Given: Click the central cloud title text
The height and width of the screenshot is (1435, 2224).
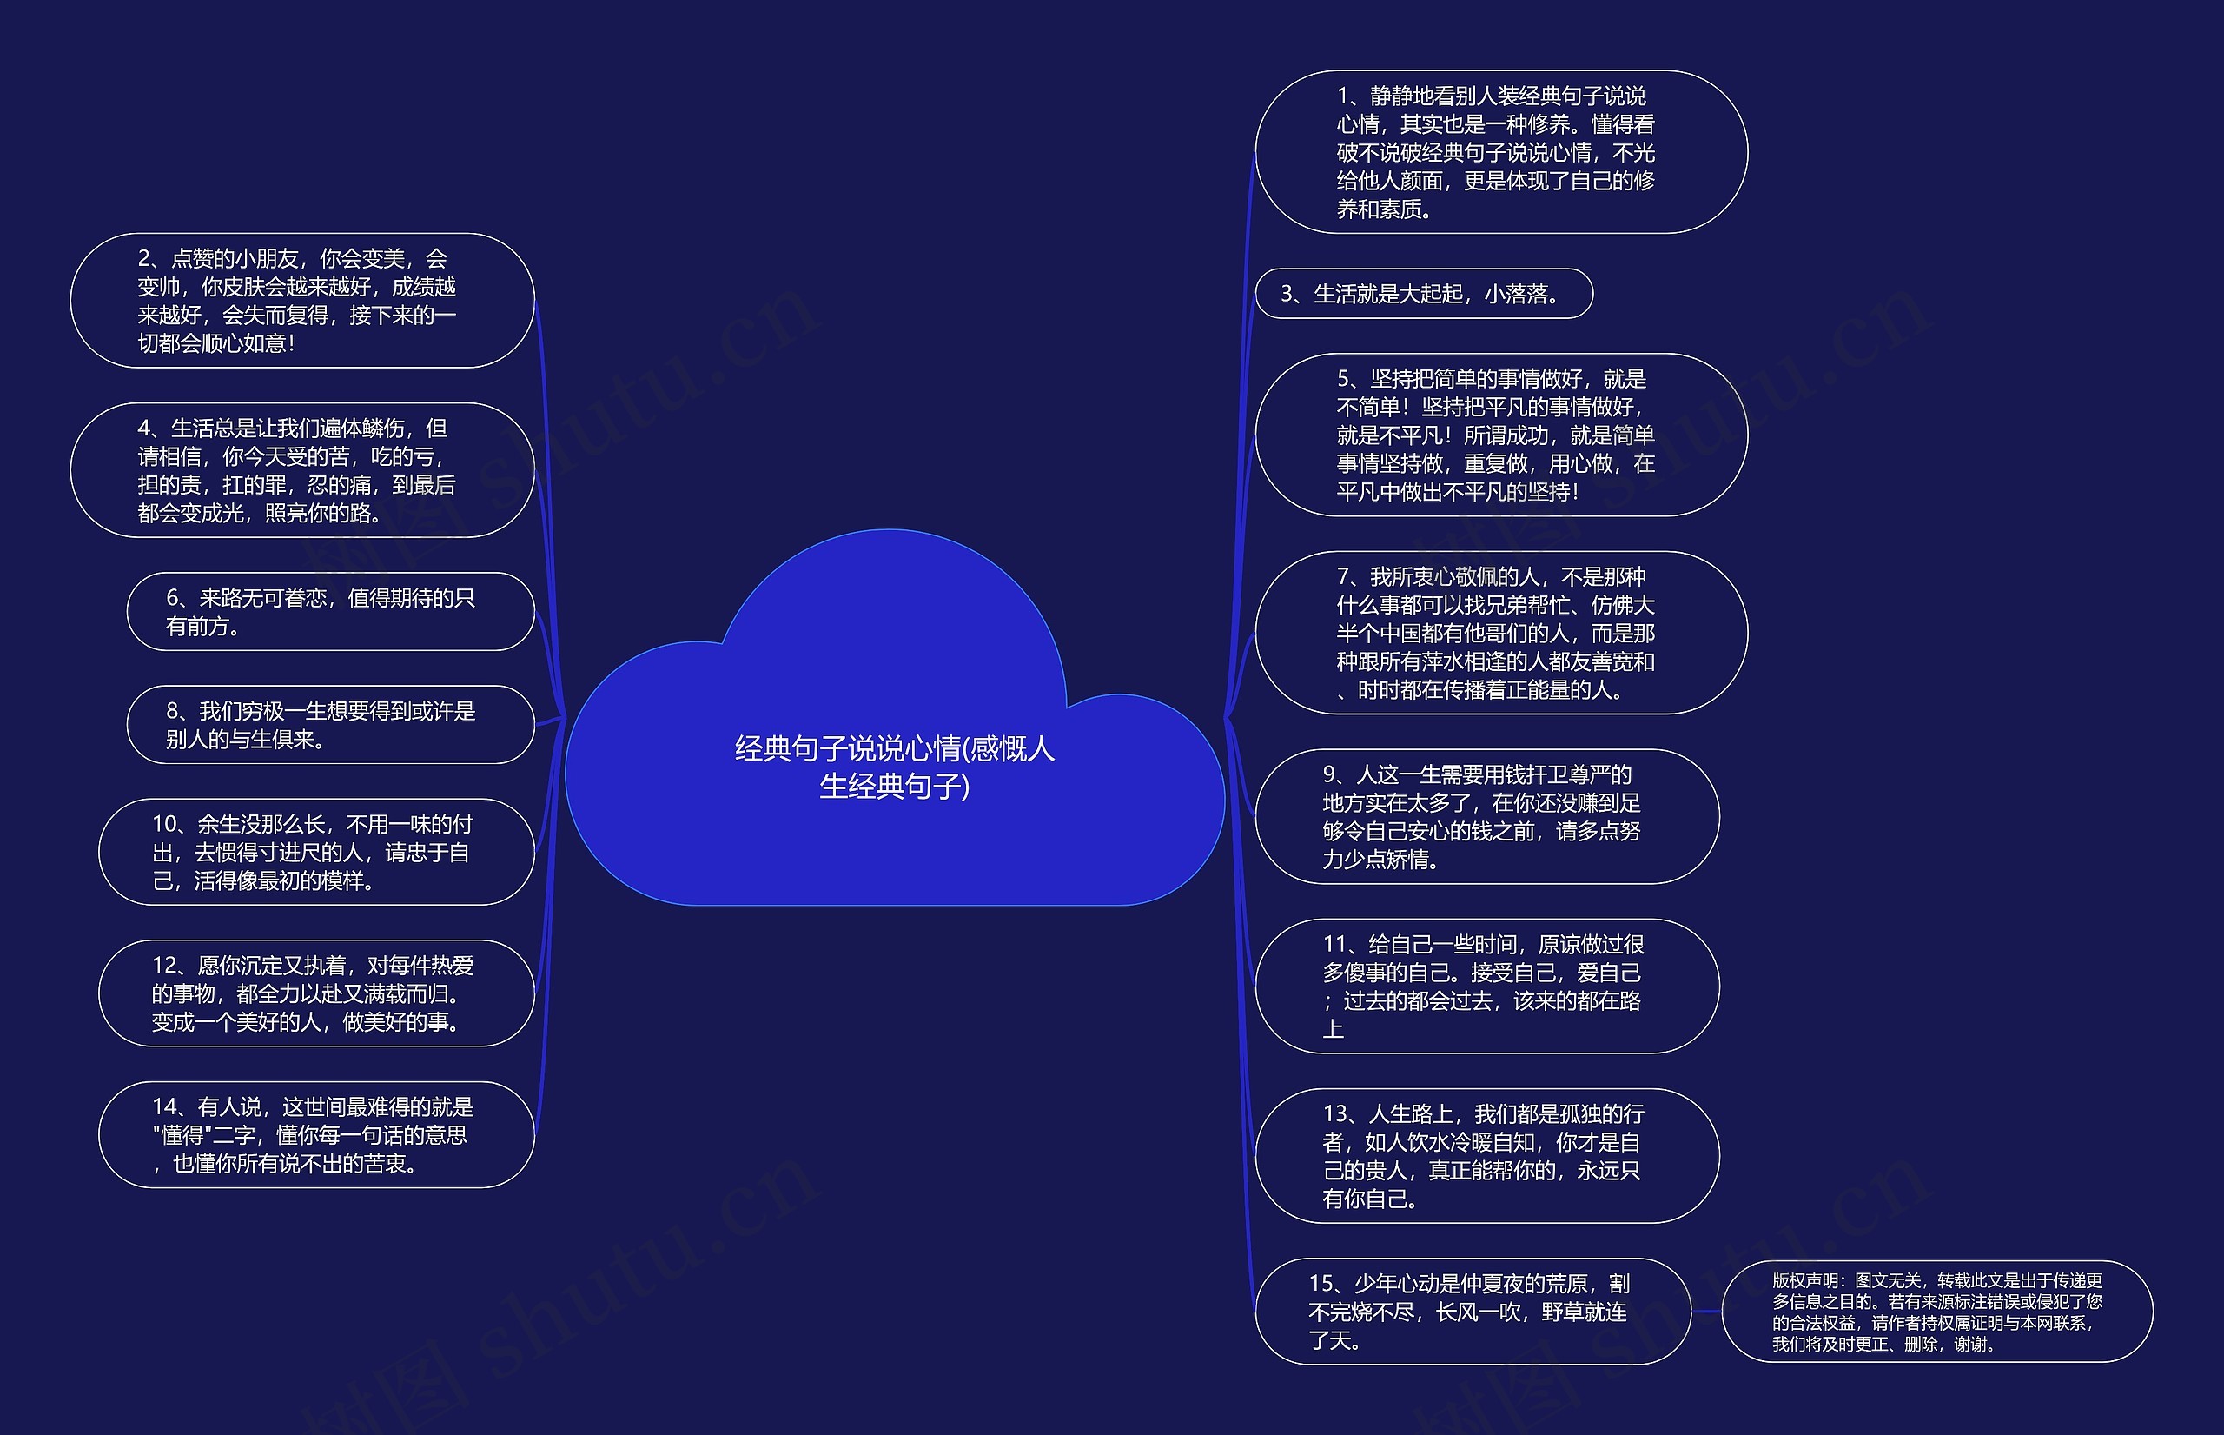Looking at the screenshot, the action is click(x=894, y=767).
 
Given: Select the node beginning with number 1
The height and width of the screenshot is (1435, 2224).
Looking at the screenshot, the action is click(x=1500, y=152).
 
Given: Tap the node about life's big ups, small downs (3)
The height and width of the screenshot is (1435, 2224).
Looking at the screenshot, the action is click(x=1423, y=294).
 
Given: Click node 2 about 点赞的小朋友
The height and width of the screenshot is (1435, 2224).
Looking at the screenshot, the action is click(x=301, y=300).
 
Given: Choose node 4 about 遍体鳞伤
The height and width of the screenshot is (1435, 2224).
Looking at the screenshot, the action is click(x=301, y=469).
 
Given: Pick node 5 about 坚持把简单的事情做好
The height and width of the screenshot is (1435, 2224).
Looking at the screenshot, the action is click(x=1500, y=435).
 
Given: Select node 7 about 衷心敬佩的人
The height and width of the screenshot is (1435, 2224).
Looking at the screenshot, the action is click(x=1500, y=633).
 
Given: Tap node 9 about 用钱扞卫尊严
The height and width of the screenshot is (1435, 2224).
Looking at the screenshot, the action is click(x=1486, y=816).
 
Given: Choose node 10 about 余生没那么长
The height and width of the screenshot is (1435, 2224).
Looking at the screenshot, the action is click(x=315, y=852).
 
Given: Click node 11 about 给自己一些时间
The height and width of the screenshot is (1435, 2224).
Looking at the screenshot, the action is click(x=1486, y=986).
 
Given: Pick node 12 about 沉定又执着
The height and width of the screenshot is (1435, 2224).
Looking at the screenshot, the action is click(x=315, y=993).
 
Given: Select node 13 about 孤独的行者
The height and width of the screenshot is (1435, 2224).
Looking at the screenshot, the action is click(x=1486, y=1155).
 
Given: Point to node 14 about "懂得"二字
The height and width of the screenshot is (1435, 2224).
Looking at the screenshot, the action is click(x=315, y=1134).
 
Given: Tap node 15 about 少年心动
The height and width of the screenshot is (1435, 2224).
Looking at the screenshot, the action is click(x=1473, y=1311).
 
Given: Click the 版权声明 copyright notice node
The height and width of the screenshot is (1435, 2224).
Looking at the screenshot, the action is click(x=1936, y=1311).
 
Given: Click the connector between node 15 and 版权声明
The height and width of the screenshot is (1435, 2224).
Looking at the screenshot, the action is click(x=1706, y=1311).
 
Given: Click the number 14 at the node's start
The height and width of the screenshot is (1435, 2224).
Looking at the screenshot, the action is click(x=165, y=1107).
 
